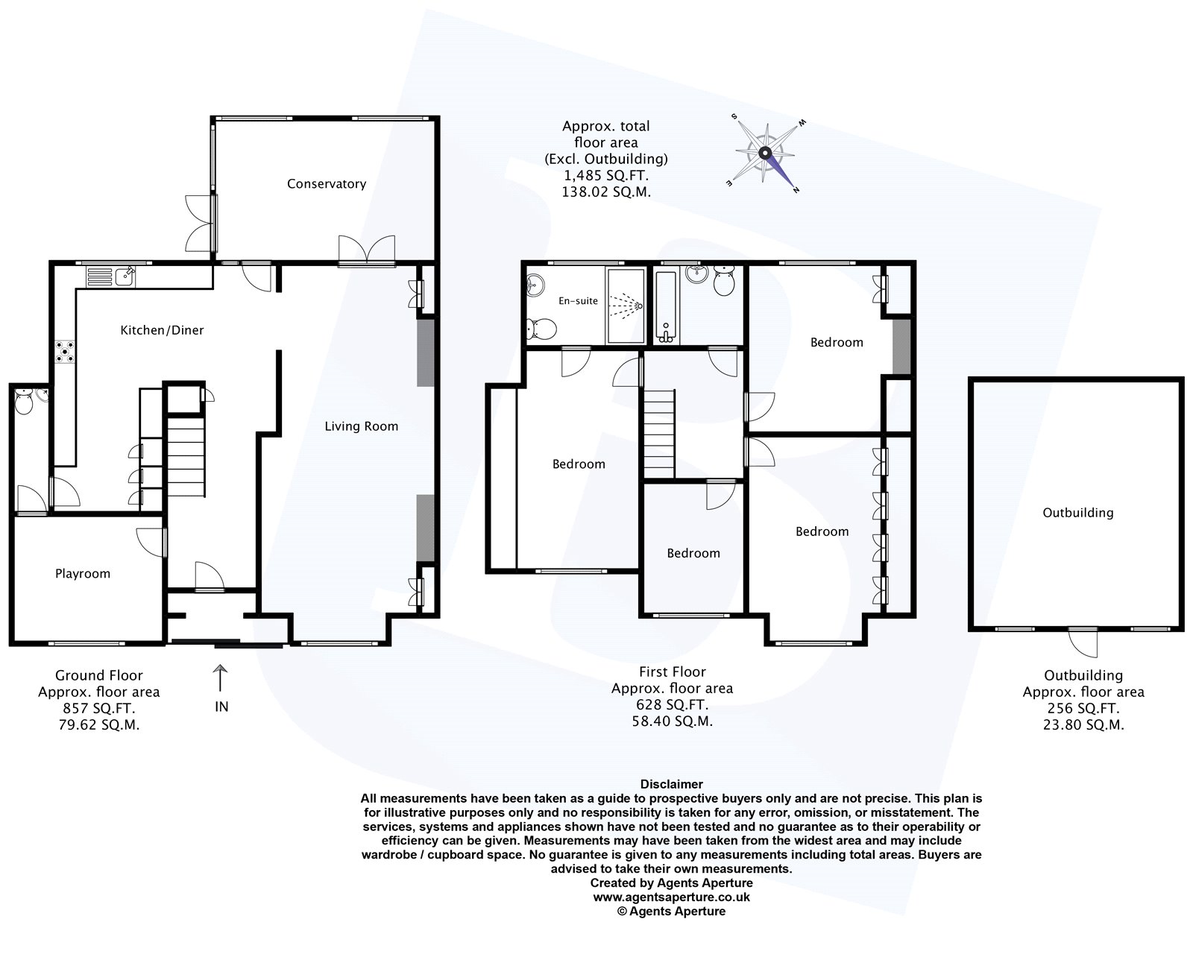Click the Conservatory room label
pos(327,184)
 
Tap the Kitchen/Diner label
pos(162,330)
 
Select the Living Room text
pos(361,426)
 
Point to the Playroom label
pos(82,574)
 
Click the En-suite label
pos(579,301)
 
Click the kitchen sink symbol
pos(110,277)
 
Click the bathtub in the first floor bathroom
pos(665,307)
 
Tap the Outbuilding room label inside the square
pos(1077,513)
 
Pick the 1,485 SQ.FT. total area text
pos(605,176)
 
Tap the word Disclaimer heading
pos(671,784)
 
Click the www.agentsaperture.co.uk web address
pos(671,898)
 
